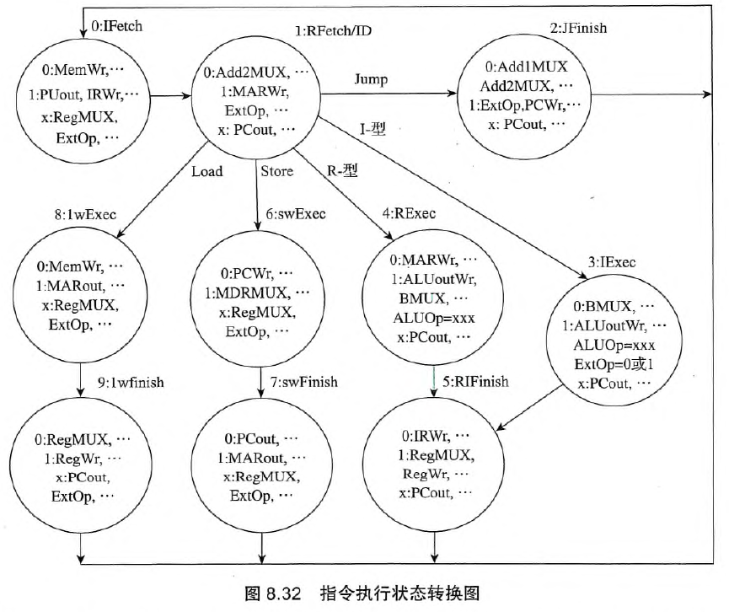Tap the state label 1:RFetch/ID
click(x=333, y=32)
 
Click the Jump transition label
click(x=372, y=80)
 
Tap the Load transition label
click(x=206, y=172)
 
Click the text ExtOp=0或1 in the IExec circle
click(x=613, y=362)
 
